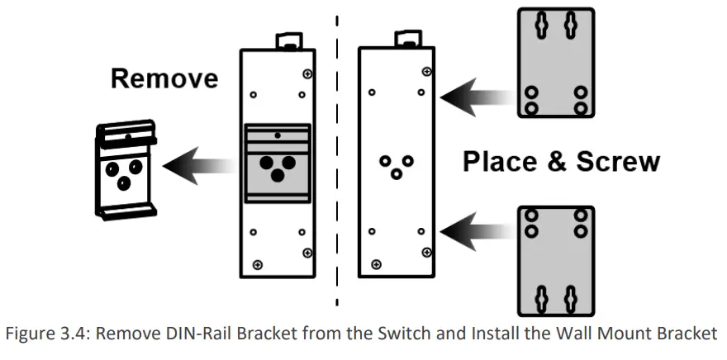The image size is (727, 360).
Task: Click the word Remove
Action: [x=164, y=78]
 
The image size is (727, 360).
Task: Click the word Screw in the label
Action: [x=617, y=161]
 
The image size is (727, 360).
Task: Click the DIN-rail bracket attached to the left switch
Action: [x=278, y=163]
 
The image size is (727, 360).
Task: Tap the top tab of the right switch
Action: [x=406, y=38]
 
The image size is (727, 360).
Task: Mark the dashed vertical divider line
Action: [x=337, y=165]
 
